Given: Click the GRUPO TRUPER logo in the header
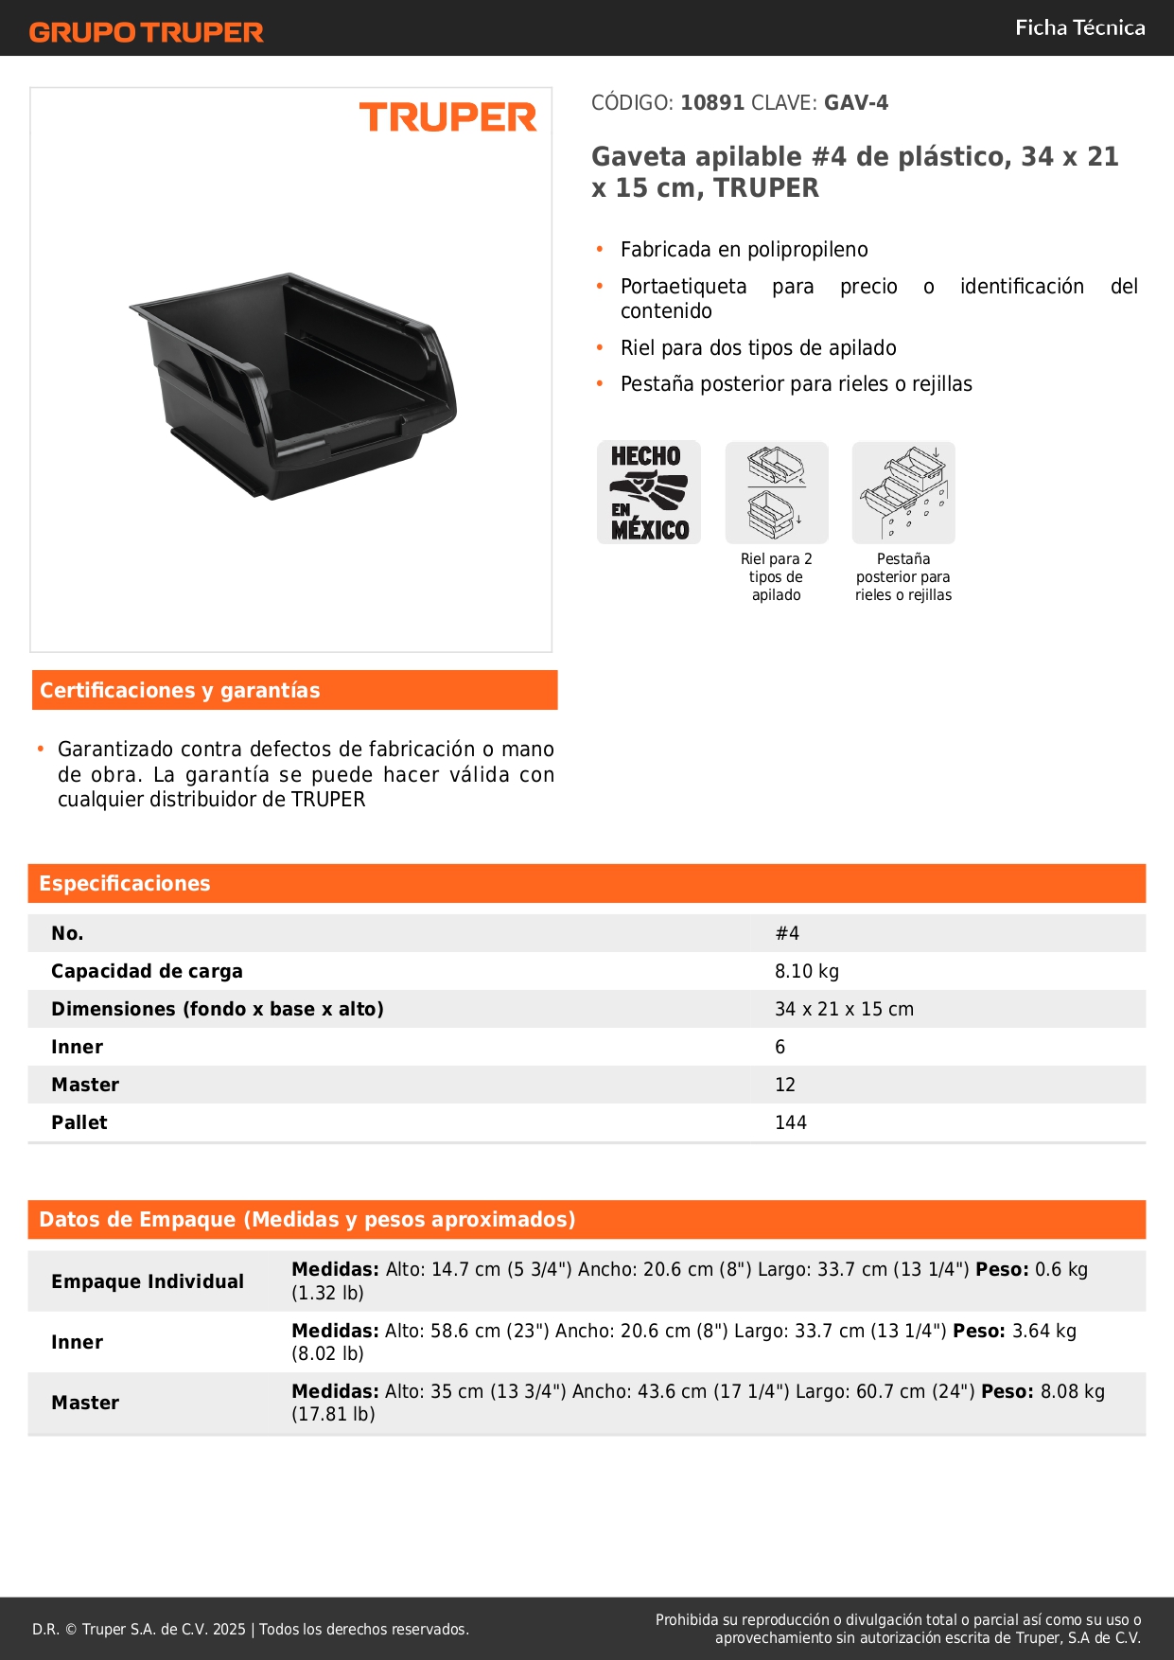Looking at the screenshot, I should (147, 32).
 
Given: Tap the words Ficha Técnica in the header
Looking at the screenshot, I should (1079, 28).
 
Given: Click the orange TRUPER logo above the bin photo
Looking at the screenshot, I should (447, 117).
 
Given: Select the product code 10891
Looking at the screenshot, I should (712, 103).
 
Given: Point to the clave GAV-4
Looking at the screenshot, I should (855, 103).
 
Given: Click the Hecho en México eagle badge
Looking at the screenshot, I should (649, 492).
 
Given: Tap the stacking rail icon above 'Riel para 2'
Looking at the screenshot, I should (777, 492).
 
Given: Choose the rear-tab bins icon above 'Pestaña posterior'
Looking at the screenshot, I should (903, 492).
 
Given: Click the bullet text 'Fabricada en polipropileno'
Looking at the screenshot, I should (744, 250).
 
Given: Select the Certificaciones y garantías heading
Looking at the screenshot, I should (180, 691).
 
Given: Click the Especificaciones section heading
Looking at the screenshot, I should (125, 884).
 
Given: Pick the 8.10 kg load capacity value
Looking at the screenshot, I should (806, 971).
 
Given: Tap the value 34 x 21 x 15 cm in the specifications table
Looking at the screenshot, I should (844, 1009).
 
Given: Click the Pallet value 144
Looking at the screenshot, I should (790, 1122).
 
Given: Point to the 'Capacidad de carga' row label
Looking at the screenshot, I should (147, 971).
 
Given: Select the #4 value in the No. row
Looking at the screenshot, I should (787, 933).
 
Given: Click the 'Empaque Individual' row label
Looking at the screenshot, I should (148, 1281).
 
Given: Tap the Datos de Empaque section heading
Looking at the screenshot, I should (307, 1220).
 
